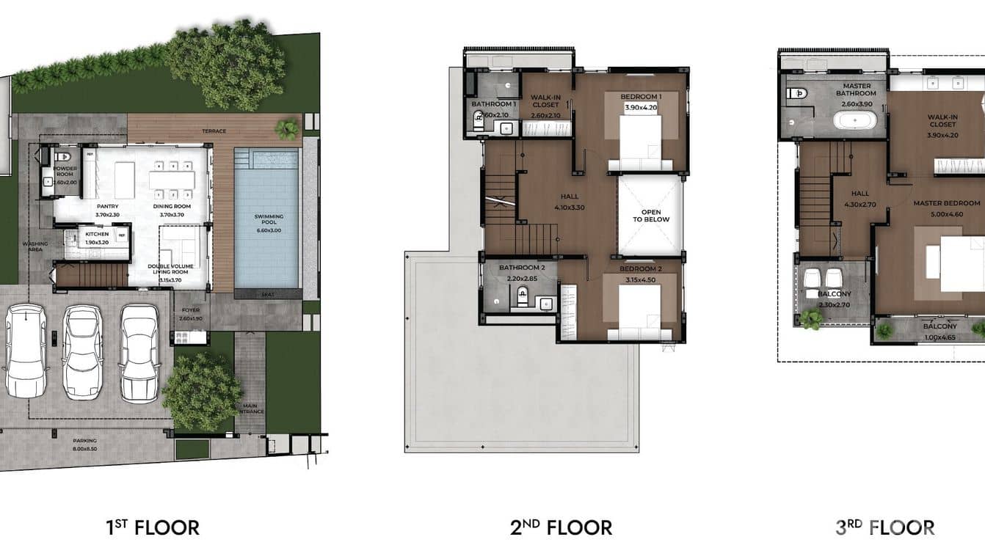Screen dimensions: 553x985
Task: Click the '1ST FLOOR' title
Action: tap(153, 527)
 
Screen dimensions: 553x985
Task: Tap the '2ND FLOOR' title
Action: tap(561, 527)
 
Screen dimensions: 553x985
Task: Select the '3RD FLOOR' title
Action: tap(885, 527)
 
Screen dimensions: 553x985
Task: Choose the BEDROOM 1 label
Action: tap(641, 97)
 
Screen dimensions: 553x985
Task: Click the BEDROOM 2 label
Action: tap(640, 269)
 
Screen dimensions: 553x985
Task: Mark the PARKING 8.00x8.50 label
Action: tap(84, 444)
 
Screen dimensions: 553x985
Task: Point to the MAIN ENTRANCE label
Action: tap(250, 408)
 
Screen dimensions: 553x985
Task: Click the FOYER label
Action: tap(190, 315)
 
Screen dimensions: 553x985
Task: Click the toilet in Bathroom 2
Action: tap(522, 296)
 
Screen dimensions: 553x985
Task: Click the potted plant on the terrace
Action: tap(287, 130)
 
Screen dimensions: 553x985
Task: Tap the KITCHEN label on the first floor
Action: tap(97, 235)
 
